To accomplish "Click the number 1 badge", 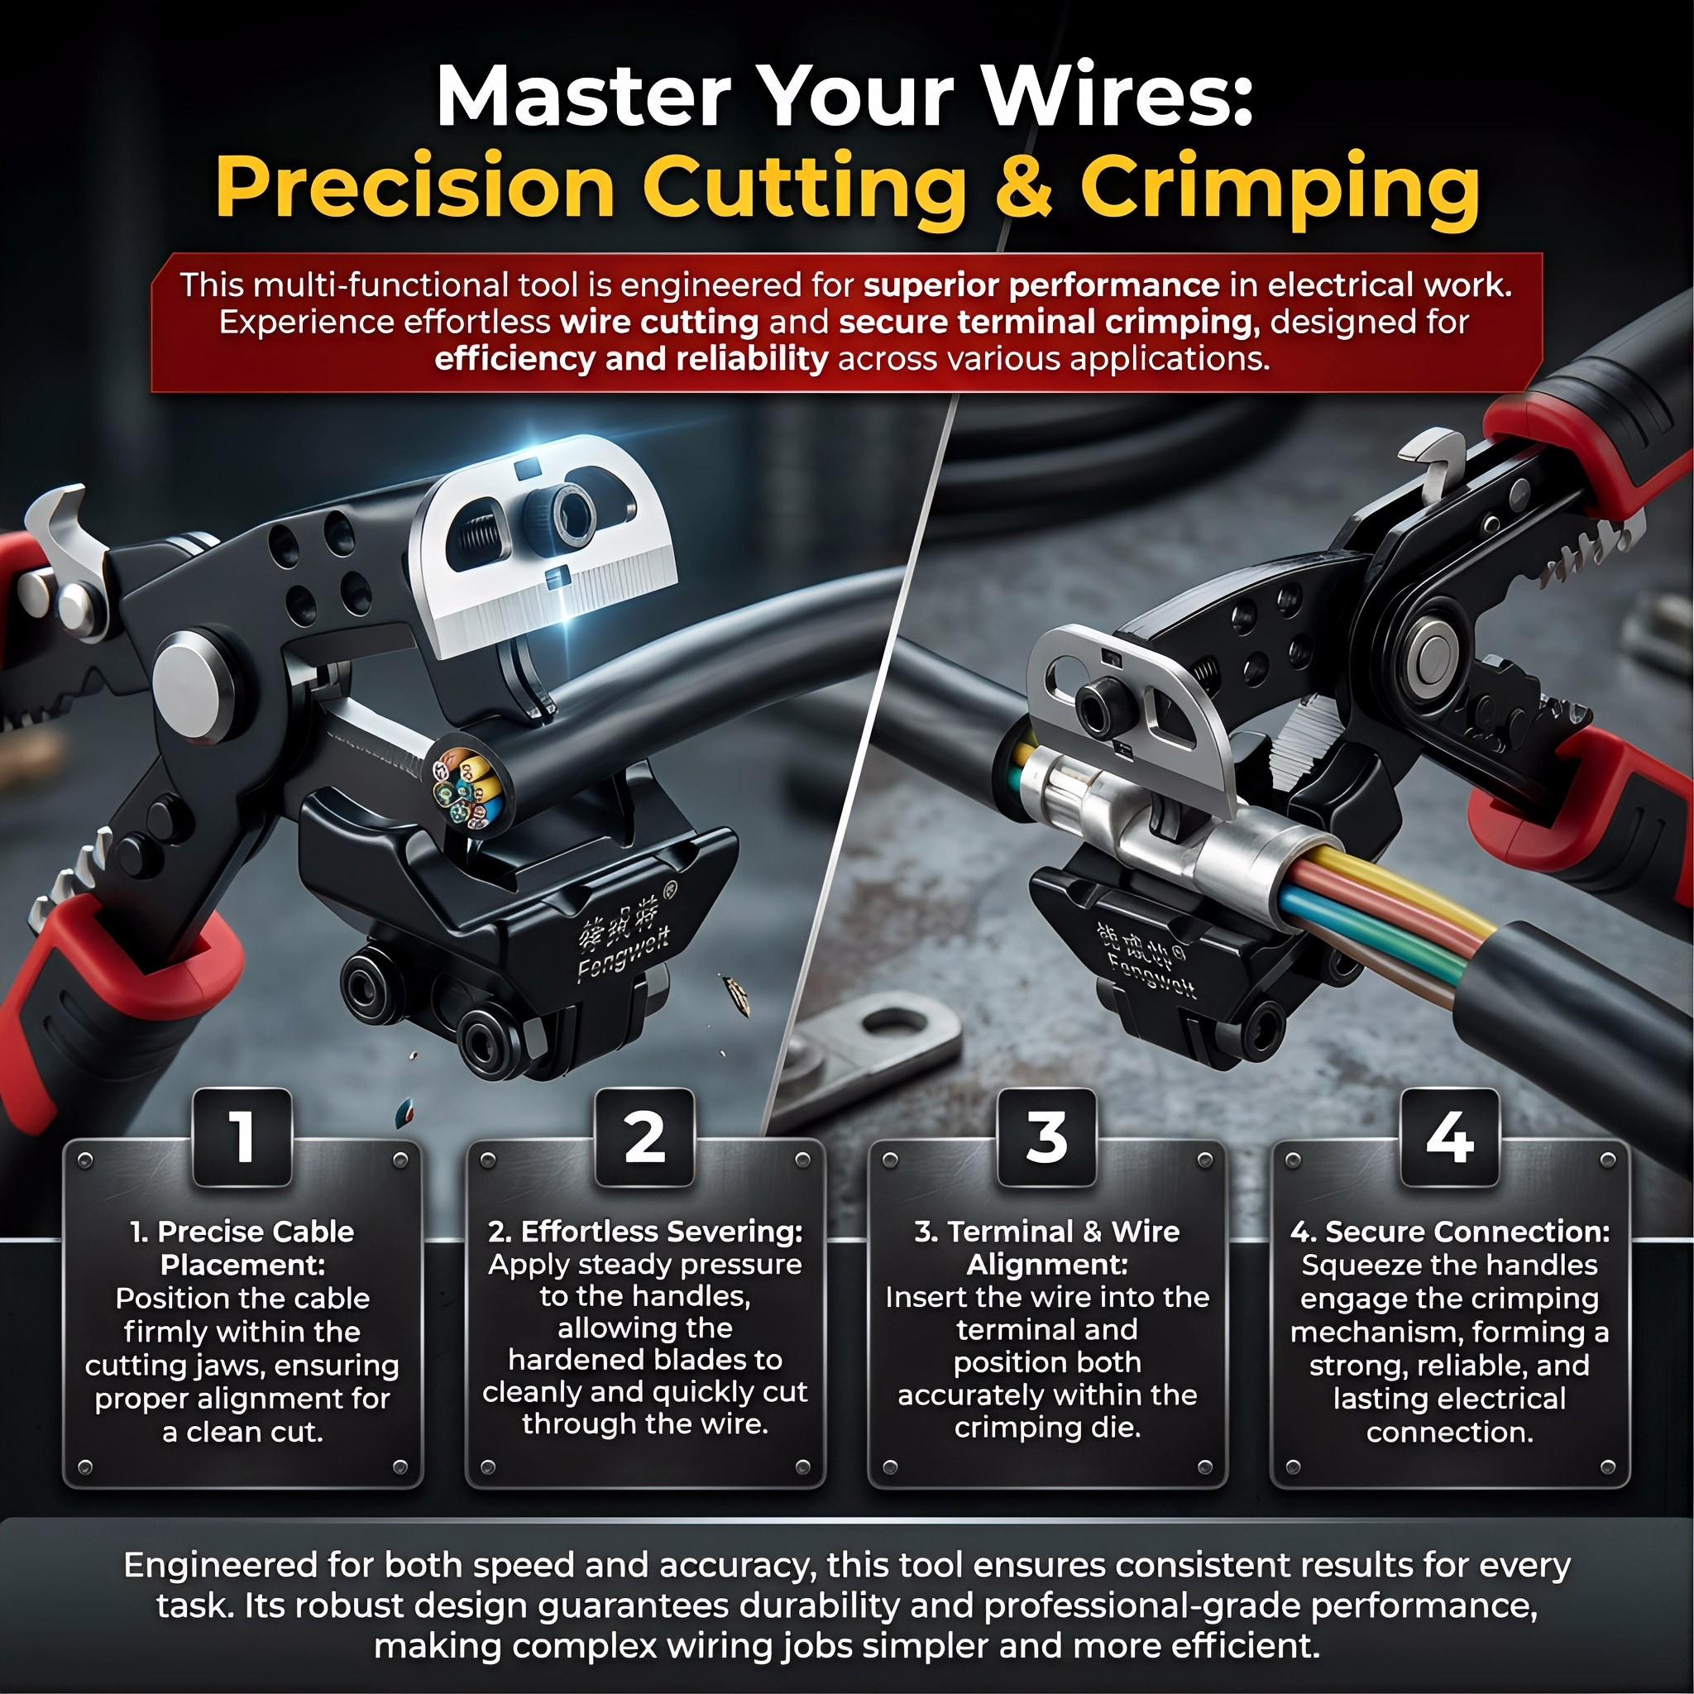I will click(x=242, y=1137).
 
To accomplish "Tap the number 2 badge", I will click(x=644, y=1137).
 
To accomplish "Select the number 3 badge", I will click(x=1046, y=1137).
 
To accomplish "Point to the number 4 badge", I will click(x=1449, y=1137).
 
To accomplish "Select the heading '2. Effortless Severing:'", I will click(x=645, y=1232).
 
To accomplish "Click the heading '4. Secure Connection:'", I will click(x=1449, y=1232).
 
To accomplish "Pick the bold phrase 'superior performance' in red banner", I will click(x=1040, y=286).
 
